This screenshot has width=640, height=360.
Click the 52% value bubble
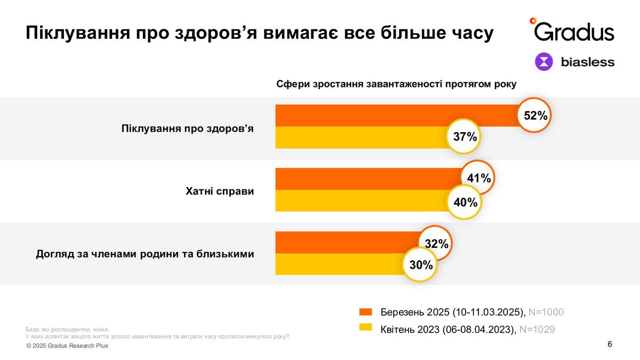pyautogui.click(x=535, y=115)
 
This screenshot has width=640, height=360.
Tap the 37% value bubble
pyautogui.click(x=464, y=137)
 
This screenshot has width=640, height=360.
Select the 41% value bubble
pyautogui.click(x=478, y=178)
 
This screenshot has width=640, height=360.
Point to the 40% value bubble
pyautogui.click(x=464, y=202)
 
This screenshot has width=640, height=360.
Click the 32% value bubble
pyautogui.click(x=436, y=243)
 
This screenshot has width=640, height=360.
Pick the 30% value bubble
pyautogui.click(x=420, y=263)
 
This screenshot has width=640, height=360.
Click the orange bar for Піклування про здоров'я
pyautogui.click(x=395, y=116)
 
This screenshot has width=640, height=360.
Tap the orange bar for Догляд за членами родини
pyautogui.click(x=347, y=242)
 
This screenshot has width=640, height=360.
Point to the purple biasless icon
pyautogui.click(x=545, y=62)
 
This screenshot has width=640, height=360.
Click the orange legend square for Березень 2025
pyautogui.click(x=366, y=312)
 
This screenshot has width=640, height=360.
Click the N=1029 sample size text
pyautogui.click(x=537, y=330)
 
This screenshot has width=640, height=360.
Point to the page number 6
pyautogui.click(x=610, y=344)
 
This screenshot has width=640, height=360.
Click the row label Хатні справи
pyautogui.click(x=220, y=191)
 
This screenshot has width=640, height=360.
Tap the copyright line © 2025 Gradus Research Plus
pyautogui.click(x=67, y=346)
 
